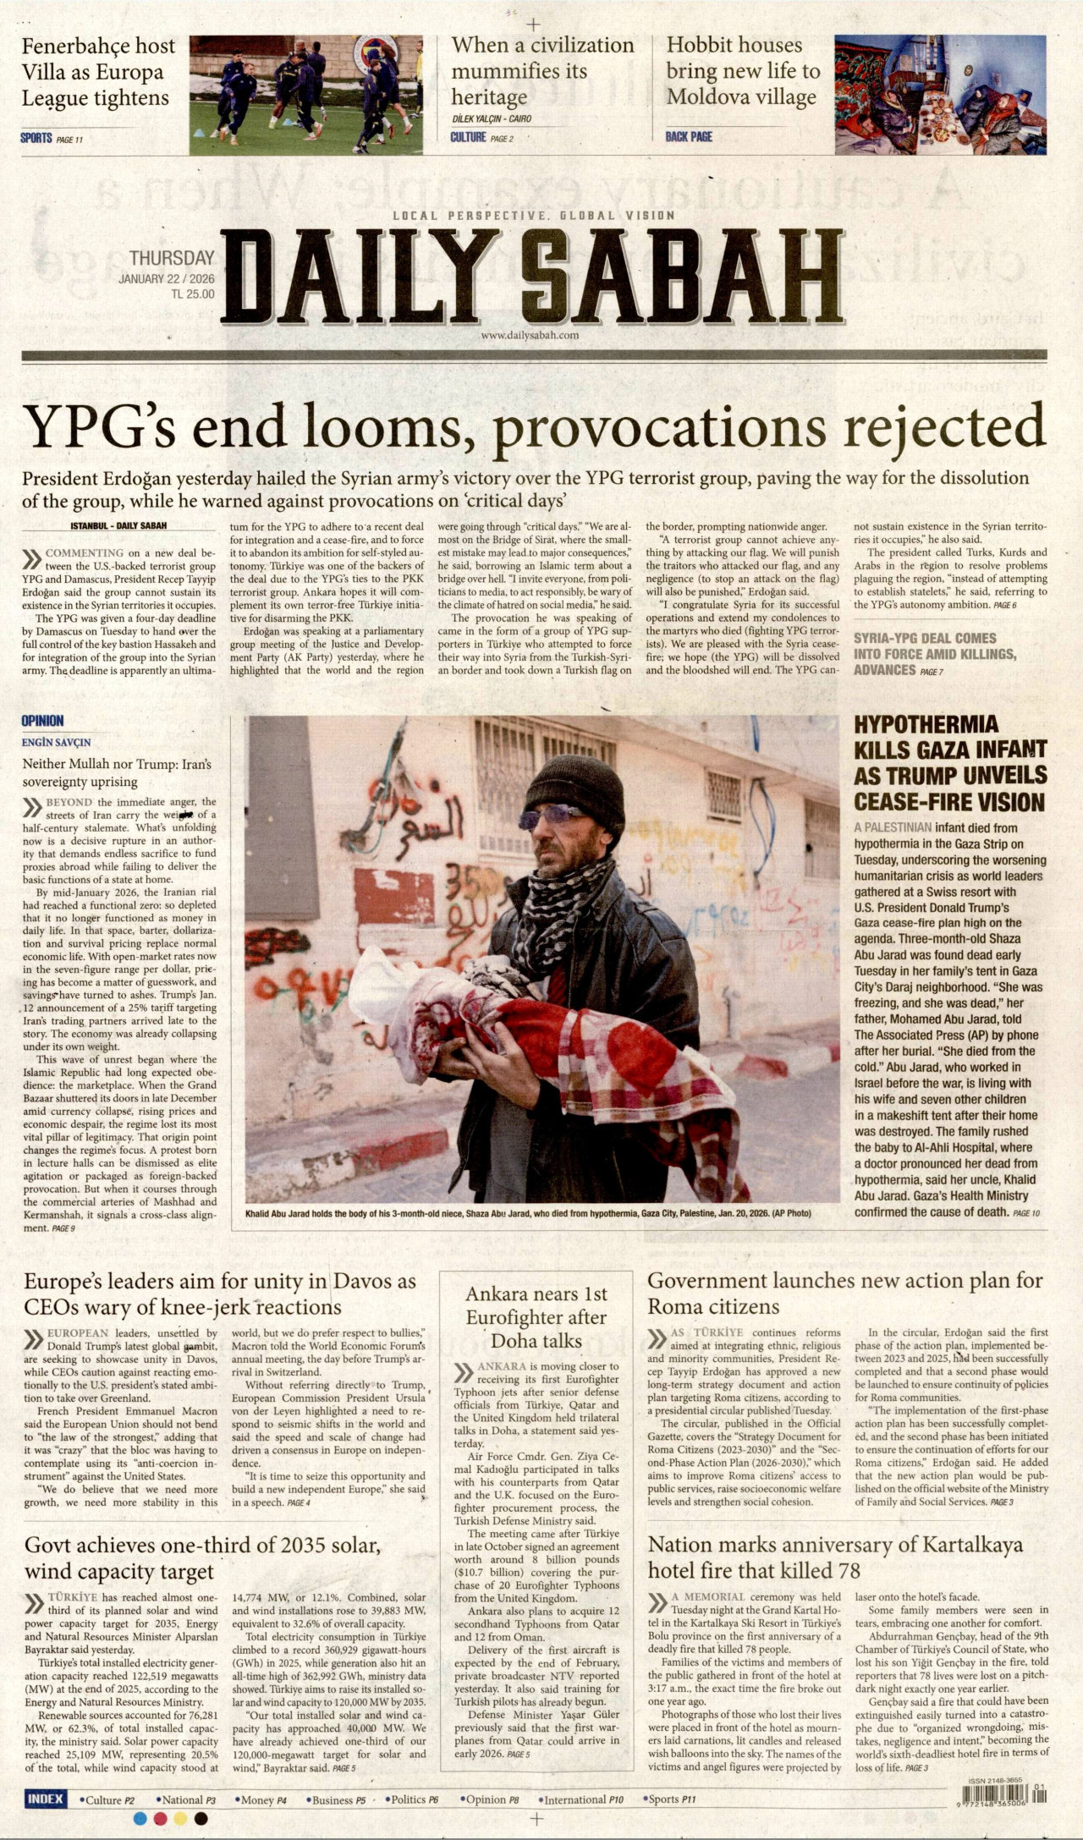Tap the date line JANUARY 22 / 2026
[x=167, y=279]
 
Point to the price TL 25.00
[x=193, y=294]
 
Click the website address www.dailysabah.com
[x=530, y=335]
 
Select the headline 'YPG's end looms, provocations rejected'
[x=534, y=427]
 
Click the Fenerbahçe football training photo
[x=305, y=94]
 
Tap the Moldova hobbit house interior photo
[x=939, y=94]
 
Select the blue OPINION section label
[x=42, y=721]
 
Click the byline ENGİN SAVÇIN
[x=56, y=743]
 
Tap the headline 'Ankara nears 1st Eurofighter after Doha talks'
[x=536, y=1317]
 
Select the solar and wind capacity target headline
[x=202, y=1558]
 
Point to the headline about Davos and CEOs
[x=219, y=1293]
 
